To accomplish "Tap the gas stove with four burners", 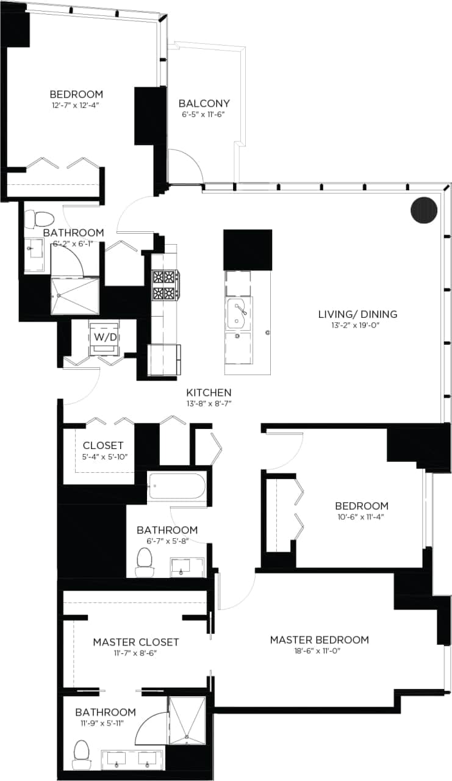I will tap(165, 284).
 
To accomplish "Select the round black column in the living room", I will tap(425, 210).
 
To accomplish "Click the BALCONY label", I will tap(204, 103).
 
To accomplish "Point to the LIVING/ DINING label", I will tap(357, 314).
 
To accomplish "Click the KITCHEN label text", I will tap(209, 392).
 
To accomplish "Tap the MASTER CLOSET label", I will tap(136, 642).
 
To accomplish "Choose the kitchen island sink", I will tap(237, 314).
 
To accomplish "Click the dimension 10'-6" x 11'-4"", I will tap(362, 517).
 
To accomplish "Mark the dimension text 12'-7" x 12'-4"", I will tap(76, 106).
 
